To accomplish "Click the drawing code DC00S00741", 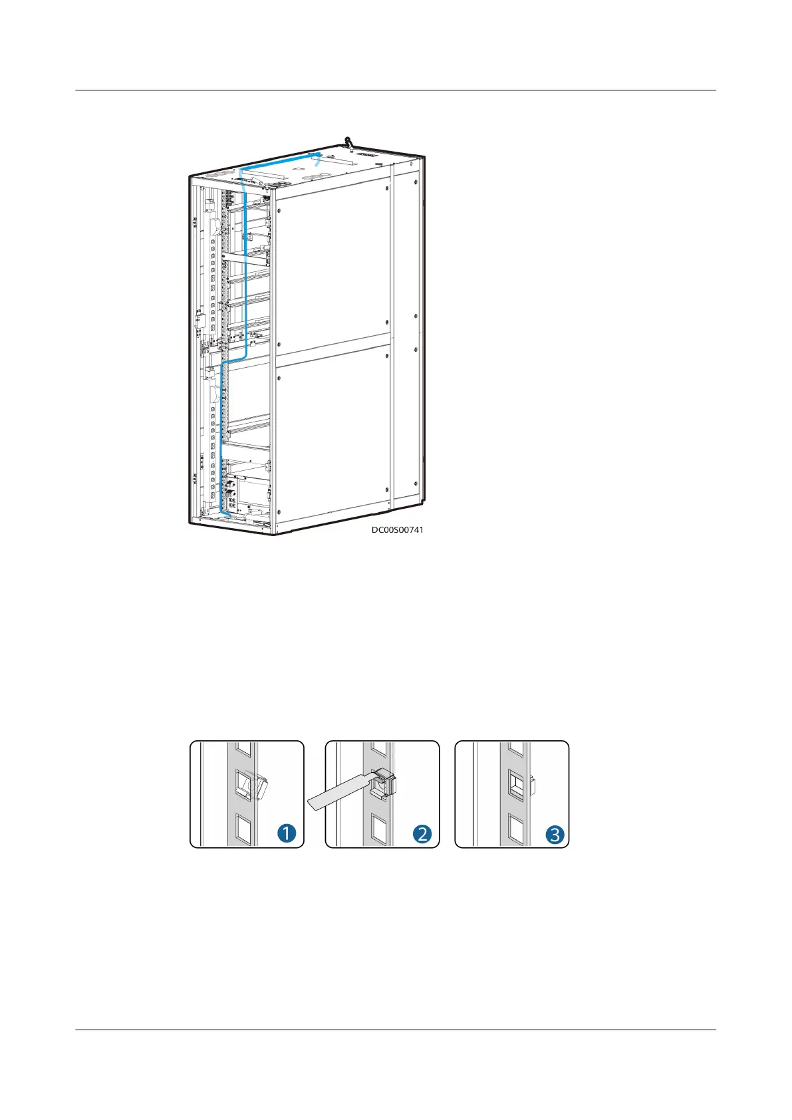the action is tap(397, 530).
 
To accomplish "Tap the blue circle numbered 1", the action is tap(287, 833).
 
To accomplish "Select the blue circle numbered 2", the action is tap(422, 833).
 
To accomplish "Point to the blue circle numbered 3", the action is tap(555, 833).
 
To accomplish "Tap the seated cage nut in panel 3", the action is tap(517, 787).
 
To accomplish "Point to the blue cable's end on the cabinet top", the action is tap(319, 156).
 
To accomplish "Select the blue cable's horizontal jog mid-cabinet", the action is tap(234, 359).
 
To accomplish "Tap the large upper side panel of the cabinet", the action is tap(332, 266).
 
